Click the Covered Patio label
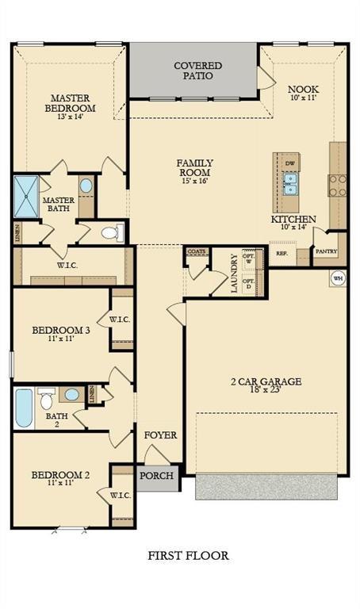coord(197,71)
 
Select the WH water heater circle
coord(337,278)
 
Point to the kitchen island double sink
coord(291,184)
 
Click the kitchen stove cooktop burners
coord(338,185)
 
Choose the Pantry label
coord(326,251)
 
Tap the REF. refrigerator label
coord(281,254)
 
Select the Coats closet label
coord(197,251)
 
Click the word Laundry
coord(235,274)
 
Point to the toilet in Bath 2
coord(47,396)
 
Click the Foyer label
coord(159,435)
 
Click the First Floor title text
coord(188,555)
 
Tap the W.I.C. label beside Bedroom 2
coord(121,496)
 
